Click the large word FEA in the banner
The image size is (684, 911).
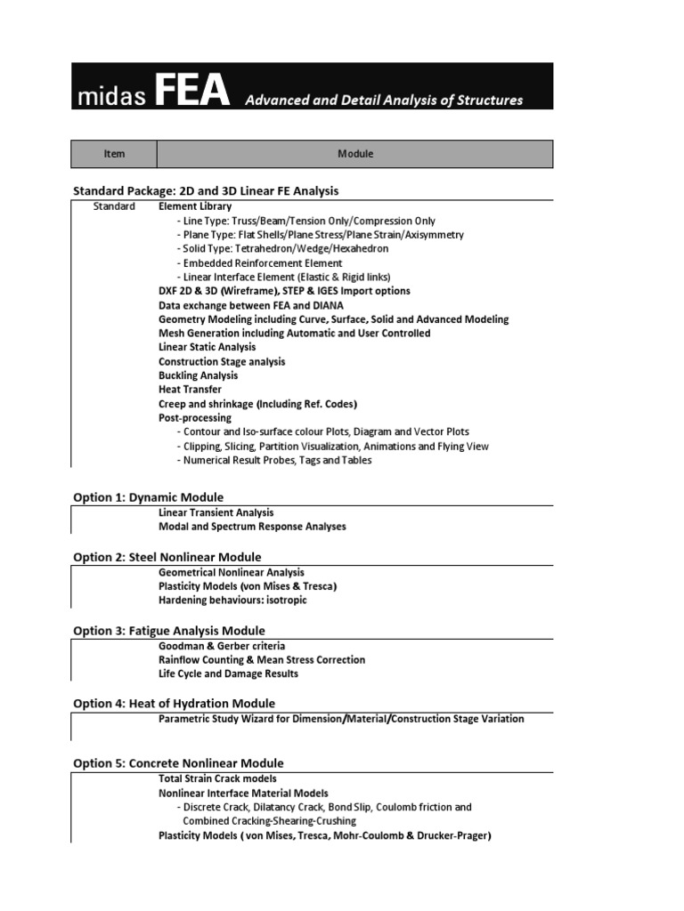tap(191, 92)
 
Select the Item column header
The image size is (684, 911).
tap(114, 154)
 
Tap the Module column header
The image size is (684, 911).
tap(355, 154)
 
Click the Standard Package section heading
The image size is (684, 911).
tap(206, 191)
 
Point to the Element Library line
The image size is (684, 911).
tap(195, 206)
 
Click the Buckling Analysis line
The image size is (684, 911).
tap(198, 375)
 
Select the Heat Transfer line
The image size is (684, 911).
tap(190, 390)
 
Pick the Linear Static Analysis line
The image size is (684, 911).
tap(207, 347)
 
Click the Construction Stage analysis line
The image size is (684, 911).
tap(222, 361)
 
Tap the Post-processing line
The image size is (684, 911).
tap(194, 417)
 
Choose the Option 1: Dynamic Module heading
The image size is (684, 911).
tap(149, 497)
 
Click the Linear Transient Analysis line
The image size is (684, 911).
tap(216, 512)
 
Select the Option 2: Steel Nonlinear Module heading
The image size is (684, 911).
tap(167, 557)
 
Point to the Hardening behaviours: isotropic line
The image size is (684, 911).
tap(232, 601)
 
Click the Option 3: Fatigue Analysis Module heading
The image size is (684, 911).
tap(169, 631)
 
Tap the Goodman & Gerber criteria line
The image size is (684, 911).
tap(222, 646)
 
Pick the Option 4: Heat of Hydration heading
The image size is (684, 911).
tap(175, 704)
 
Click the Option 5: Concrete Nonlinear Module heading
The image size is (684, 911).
tap(179, 763)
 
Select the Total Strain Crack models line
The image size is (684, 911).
tap(217, 778)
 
